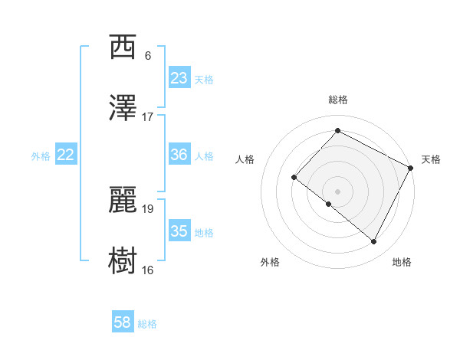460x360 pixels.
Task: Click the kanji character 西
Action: [123, 47]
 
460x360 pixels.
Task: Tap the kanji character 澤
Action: [123, 109]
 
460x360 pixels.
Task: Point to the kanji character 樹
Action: [123, 261]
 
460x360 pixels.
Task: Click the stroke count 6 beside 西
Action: [148, 56]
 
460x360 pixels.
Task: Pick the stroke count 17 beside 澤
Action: [148, 117]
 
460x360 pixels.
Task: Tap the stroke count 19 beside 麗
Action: [148, 208]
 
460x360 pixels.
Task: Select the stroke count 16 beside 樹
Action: [148, 270]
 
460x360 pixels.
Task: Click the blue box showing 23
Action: [179, 78]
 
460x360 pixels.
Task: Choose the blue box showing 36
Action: [179, 155]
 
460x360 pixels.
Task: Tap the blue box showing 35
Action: [179, 231]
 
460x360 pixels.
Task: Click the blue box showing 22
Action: [66, 155]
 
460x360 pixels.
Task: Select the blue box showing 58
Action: [122, 322]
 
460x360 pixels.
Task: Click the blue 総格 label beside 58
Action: [147, 324]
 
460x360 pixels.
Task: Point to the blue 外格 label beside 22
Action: [41, 156]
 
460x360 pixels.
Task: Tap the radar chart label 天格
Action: [431, 159]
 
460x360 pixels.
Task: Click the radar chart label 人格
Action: [245, 159]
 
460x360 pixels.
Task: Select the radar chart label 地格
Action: [402, 262]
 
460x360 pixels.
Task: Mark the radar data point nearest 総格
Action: [337, 131]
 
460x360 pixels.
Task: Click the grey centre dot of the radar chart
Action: [337, 191]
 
